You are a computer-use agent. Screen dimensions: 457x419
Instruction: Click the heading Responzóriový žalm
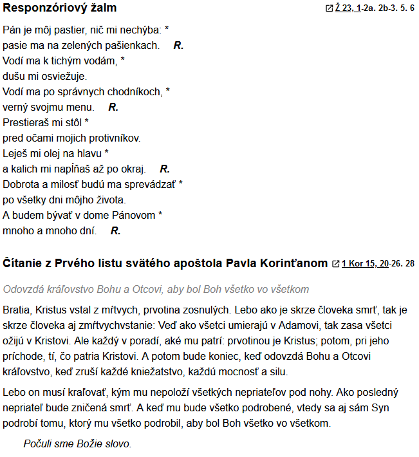(x=60, y=8)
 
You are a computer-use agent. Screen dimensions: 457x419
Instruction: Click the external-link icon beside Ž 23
(x=330, y=9)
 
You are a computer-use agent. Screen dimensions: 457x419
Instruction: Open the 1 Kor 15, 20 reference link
(x=365, y=264)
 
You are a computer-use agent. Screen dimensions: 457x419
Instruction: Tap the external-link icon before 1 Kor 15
(x=335, y=264)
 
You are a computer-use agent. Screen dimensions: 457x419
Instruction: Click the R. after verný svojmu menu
(x=113, y=107)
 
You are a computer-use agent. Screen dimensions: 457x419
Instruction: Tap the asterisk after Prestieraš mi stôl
(x=87, y=122)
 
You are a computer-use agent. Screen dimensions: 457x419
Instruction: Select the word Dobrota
(x=22, y=184)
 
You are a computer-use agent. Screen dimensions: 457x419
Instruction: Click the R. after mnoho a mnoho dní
(x=116, y=230)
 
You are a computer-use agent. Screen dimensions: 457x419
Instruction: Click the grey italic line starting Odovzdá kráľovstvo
(x=156, y=289)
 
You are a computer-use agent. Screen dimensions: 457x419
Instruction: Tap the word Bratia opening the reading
(x=17, y=311)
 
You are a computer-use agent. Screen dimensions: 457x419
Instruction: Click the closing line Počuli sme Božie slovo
(x=77, y=444)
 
